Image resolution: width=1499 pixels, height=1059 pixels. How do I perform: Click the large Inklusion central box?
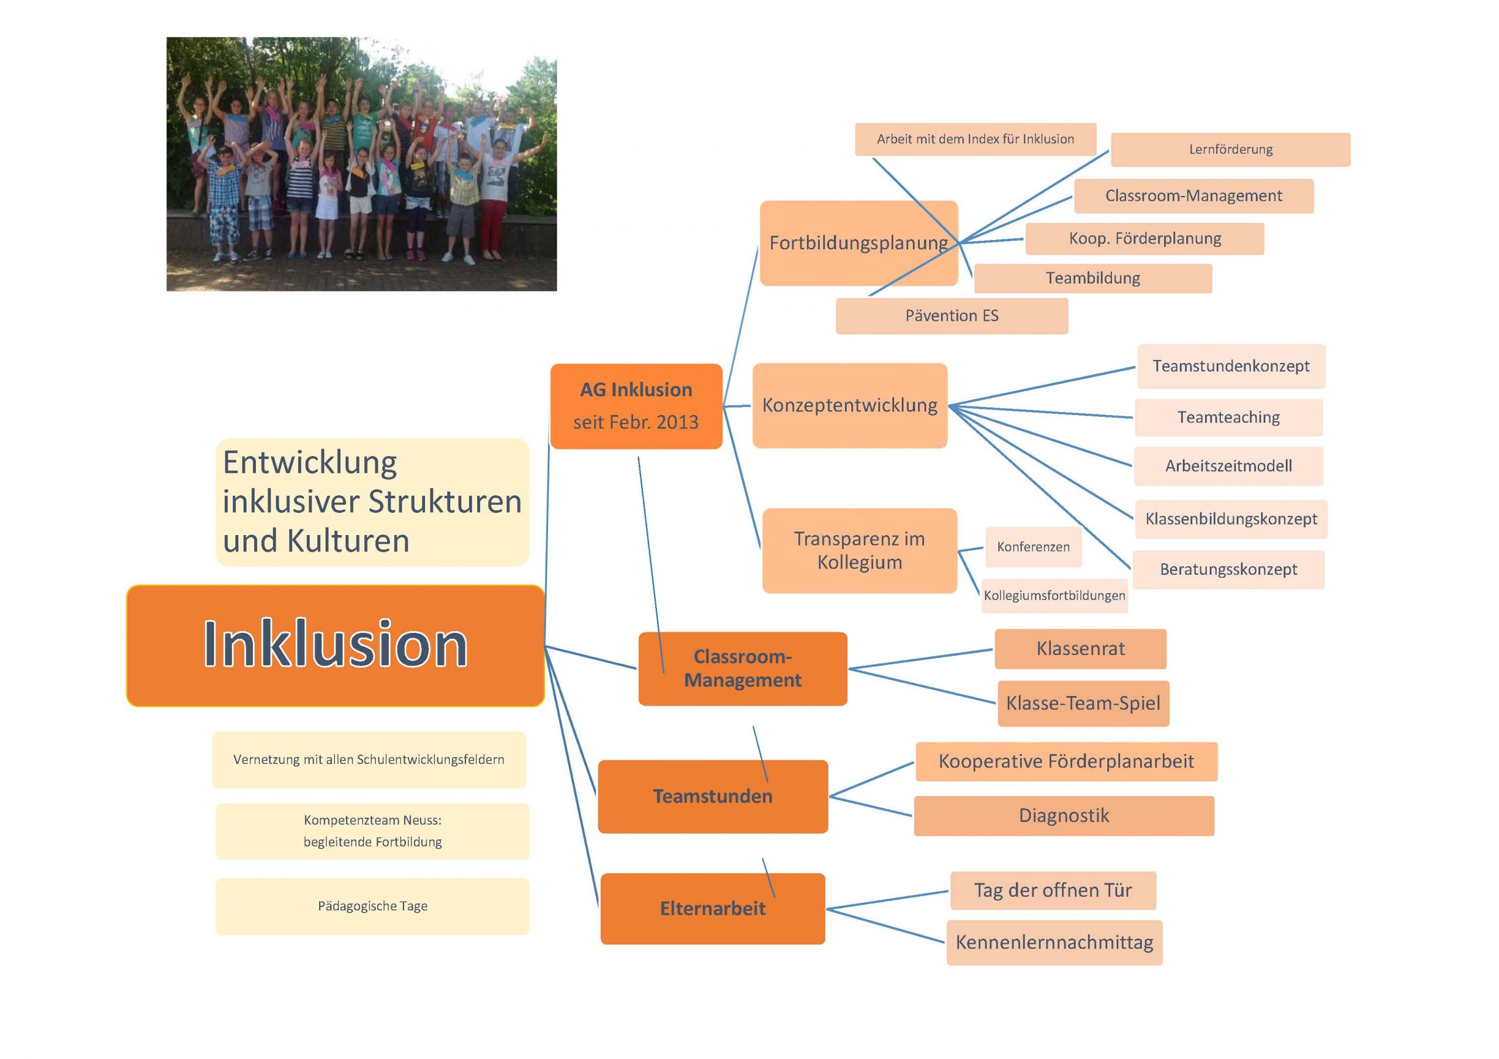pyautogui.click(x=336, y=645)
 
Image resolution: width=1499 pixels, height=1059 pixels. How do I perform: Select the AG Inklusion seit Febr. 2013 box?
pyautogui.click(x=636, y=406)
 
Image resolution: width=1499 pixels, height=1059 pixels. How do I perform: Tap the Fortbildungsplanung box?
pyautogui.click(x=858, y=243)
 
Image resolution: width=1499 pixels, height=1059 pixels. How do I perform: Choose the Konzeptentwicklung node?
pyautogui.click(x=850, y=406)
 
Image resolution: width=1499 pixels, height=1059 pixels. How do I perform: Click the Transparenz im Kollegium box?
pyautogui.click(x=860, y=550)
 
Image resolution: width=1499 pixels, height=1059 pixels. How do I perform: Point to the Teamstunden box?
pyautogui.click(x=713, y=797)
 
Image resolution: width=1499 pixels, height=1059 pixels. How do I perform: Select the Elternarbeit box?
pyautogui.click(x=713, y=909)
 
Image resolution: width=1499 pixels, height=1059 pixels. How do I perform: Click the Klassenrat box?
pyautogui.click(x=1080, y=649)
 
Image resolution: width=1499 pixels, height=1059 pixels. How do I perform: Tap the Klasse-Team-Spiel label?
pyautogui.click(x=1084, y=704)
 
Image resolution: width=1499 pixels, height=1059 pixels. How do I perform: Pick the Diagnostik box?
pyautogui.click(x=1064, y=815)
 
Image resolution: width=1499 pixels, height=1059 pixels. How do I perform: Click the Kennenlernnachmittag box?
pyautogui.click(x=1055, y=943)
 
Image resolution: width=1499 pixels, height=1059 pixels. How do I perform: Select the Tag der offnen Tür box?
pyautogui.click(x=1053, y=890)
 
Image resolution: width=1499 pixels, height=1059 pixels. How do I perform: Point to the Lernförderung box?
pyautogui.click(x=1231, y=149)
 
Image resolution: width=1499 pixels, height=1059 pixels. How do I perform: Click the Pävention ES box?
pyautogui.click(x=952, y=316)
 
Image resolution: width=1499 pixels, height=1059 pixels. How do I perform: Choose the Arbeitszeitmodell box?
pyautogui.click(x=1228, y=466)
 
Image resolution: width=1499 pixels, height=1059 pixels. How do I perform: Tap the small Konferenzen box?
pyautogui.click(x=1033, y=547)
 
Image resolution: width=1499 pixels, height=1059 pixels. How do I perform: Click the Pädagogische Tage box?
pyautogui.click(x=373, y=906)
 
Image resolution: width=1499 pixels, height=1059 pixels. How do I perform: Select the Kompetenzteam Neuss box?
pyautogui.click(x=373, y=831)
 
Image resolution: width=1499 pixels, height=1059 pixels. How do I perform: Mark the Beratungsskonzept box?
pyautogui.click(x=1228, y=570)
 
